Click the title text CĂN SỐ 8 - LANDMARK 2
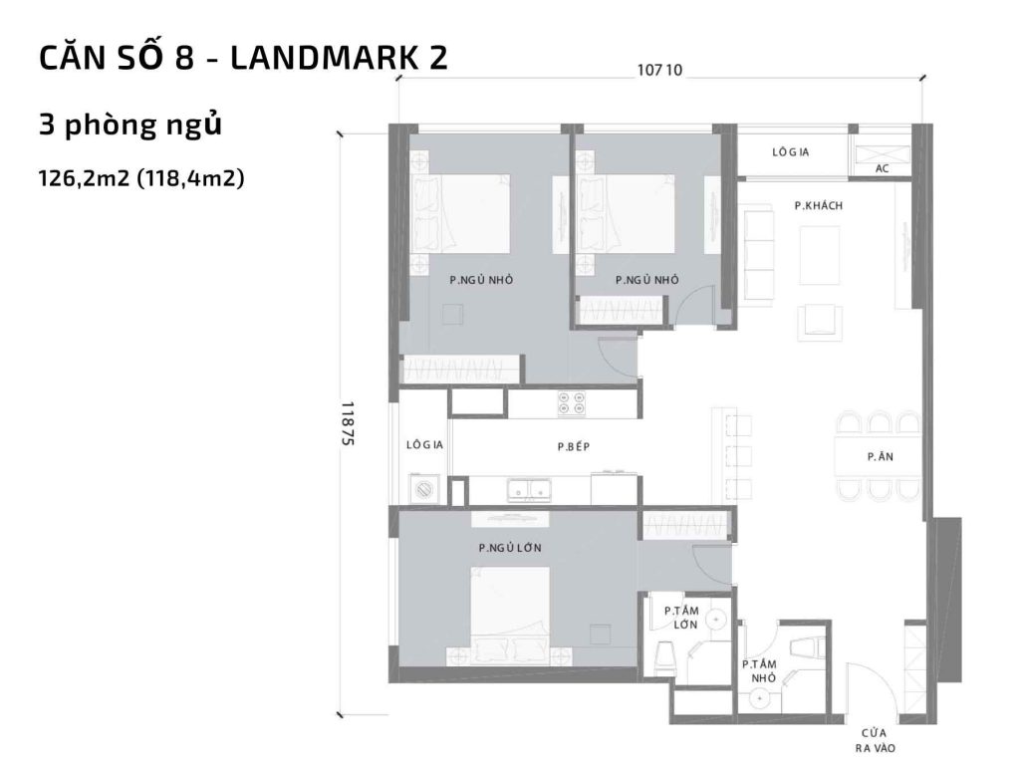[x=243, y=59]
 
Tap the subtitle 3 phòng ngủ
[x=129, y=127]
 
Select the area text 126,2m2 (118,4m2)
[x=141, y=180]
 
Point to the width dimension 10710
[x=658, y=70]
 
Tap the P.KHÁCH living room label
[x=819, y=205]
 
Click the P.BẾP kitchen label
[x=574, y=447]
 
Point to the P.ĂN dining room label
[x=878, y=456]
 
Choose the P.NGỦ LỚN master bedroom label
[x=510, y=548]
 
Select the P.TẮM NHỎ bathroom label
[x=759, y=669]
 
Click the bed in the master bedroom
[x=509, y=615]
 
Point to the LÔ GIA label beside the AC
[x=790, y=152]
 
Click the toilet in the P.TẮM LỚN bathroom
[x=666, y=656]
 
